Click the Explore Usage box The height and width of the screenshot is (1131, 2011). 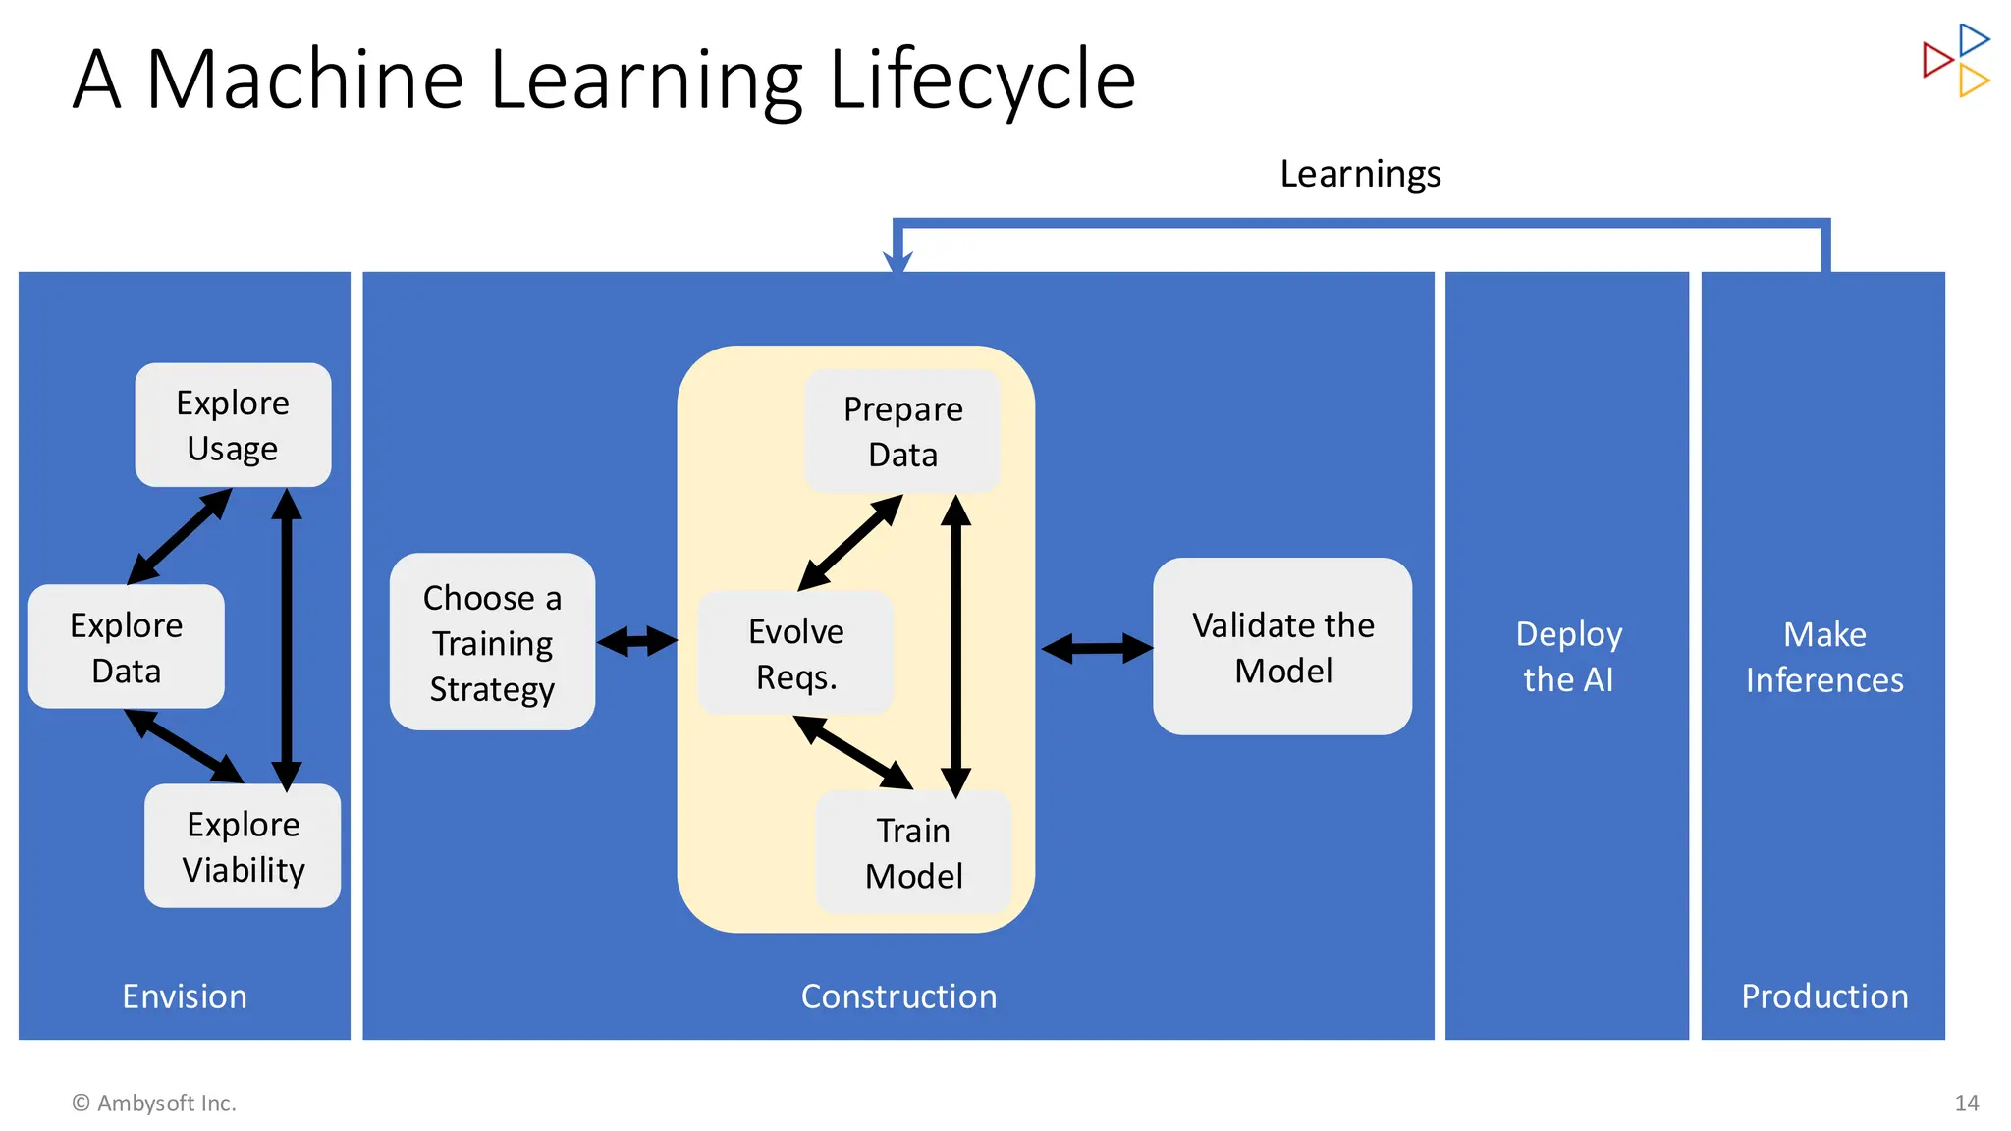233,425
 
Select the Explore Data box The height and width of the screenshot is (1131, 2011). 127,647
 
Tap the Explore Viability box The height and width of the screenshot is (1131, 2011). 243,846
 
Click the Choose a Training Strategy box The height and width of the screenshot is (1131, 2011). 492,642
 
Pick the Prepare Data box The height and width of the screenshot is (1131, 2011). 902,431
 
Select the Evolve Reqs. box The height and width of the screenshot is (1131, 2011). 795,653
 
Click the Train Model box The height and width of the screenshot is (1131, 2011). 913,852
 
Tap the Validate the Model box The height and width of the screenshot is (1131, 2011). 1282,647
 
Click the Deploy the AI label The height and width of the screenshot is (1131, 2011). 1568,656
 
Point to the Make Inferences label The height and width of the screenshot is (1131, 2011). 1823,656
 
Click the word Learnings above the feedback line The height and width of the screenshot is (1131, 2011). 1360,174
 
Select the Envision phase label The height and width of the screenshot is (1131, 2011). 185,996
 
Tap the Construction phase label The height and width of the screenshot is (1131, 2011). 898,996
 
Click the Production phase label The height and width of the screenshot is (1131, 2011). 1823,996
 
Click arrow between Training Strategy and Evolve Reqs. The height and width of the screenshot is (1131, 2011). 637,642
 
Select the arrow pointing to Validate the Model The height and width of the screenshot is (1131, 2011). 1097,648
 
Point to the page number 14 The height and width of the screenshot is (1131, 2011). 1966,1104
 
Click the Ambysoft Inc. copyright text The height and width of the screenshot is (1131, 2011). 154,1104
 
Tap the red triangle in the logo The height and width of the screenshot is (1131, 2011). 1935,60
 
